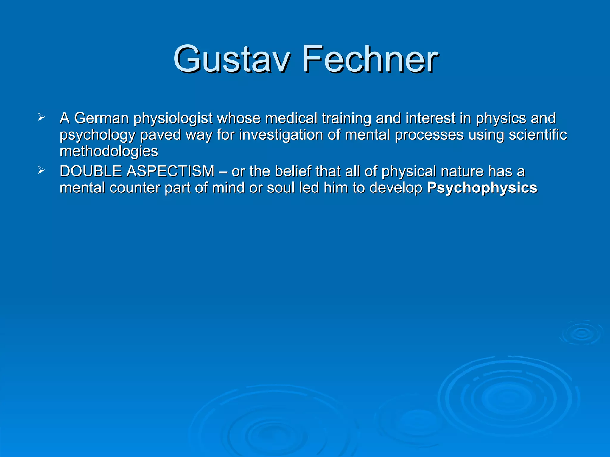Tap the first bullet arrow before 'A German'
click(x=41, y=117)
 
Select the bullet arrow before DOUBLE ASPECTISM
click(x=41, y=170)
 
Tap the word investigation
click(x=281, y=135)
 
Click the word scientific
click(x=538, y=134)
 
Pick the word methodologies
click(x=109, y=151)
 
